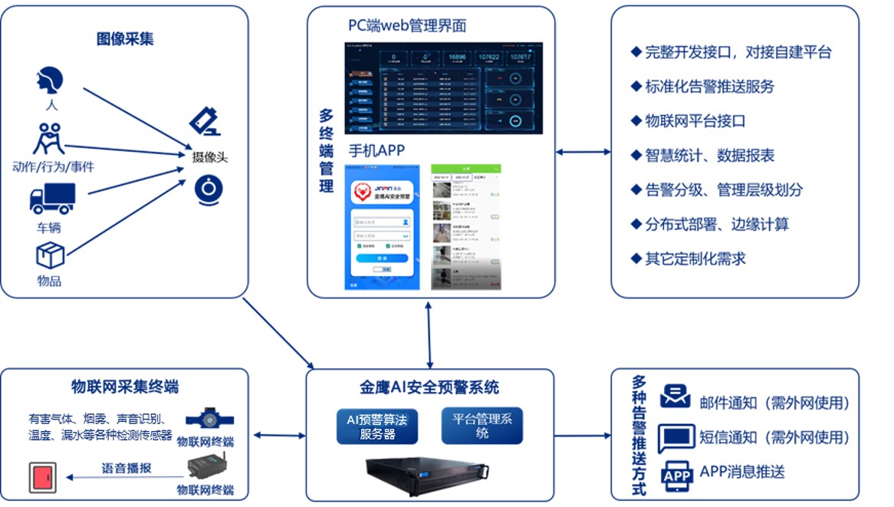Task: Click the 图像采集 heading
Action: [x=125, y=39]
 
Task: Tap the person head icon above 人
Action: [x=50, y=81]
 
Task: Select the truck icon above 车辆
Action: [x=52, y=198]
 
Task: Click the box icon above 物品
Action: [x=50, y=255]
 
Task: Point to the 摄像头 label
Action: [x=210, y=157]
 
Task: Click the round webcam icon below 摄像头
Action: [x=209, y=189]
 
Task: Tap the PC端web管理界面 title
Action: [x=407, y=26]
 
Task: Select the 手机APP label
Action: [x=376, y=150]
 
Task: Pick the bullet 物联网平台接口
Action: [x=695, y=121]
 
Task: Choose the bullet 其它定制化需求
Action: [x=695, y=258]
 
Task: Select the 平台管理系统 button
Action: [x=482, y=426]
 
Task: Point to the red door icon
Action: [x=41, y=477]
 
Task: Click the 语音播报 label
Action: [x=127, y=467]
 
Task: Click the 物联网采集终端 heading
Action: [x=125, y=386]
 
